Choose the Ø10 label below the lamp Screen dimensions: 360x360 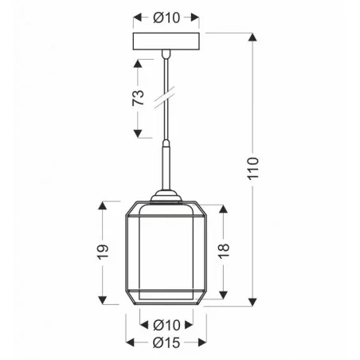[166, 324]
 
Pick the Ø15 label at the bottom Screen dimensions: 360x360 [166, 342]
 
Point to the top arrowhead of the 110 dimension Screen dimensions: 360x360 [254, 37]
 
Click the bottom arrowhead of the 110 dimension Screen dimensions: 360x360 [254, 303]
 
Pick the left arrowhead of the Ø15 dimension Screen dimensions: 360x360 [128, 342]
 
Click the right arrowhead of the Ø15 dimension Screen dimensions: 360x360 [205, 342]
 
